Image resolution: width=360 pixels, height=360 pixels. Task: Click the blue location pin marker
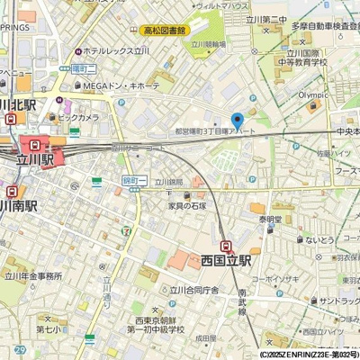click(x=238, y=121)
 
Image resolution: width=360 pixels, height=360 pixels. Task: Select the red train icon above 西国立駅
click(x=225, y=245)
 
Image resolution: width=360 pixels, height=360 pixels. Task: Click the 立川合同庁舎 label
click(x=189, y=291)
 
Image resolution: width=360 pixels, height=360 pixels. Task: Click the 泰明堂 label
click(x=271, y=219)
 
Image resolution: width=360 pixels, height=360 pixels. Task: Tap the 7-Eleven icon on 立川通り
click(x=127, y=231)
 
